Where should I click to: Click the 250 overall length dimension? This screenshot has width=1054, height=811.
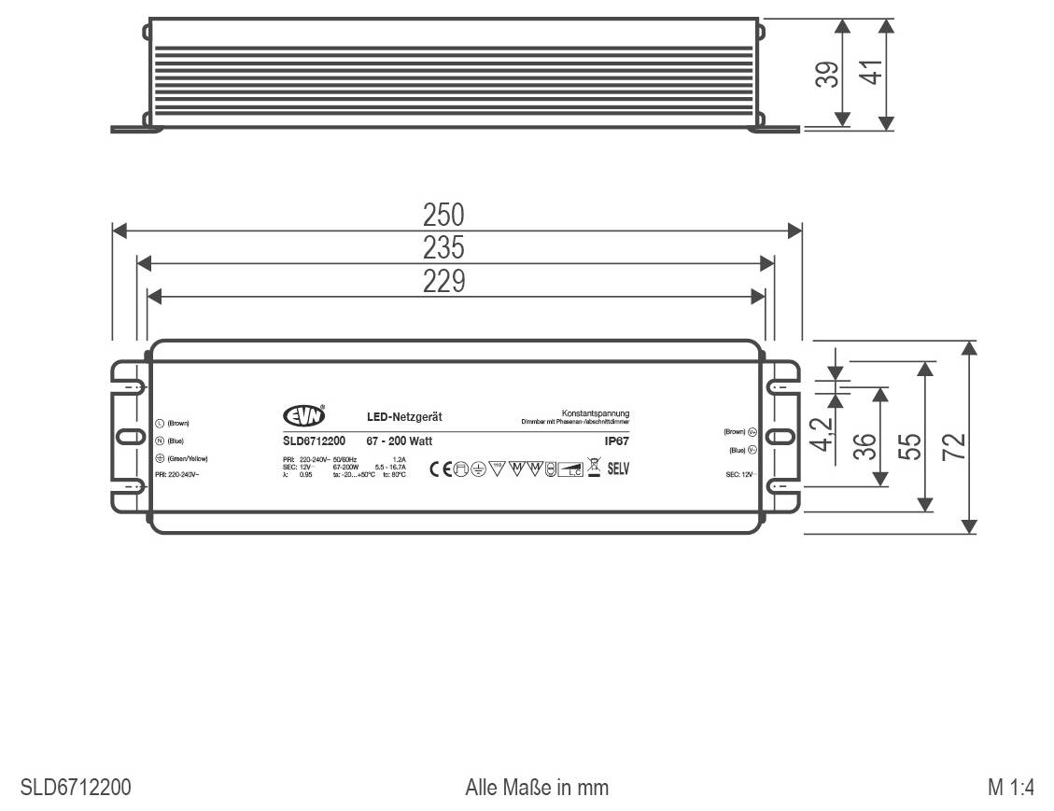click(443, 216)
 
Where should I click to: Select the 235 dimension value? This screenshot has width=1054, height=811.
click(443, 248)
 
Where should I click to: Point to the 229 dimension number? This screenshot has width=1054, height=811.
click(443, 281)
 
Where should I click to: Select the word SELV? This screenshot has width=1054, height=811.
click(618, 468)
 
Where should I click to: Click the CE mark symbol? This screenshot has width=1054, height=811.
click(440, 468)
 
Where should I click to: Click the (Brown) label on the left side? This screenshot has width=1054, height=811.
click(177, 423)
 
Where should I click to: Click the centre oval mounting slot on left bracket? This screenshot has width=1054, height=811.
click(125, 437)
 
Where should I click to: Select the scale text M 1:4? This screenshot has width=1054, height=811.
click(1011, 788)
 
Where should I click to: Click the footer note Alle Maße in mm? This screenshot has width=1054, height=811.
click(537, 788)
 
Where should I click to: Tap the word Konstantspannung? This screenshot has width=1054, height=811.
click(596, 413)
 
